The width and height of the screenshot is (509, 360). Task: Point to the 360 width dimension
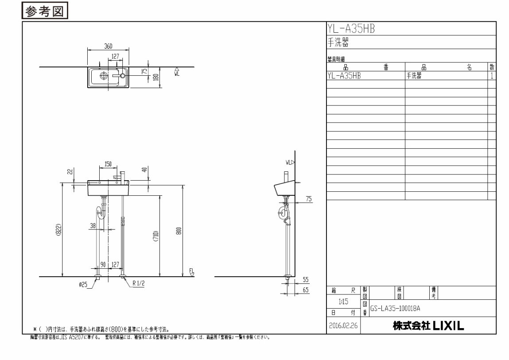point(108,46)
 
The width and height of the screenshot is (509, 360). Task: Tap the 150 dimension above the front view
point(108,164)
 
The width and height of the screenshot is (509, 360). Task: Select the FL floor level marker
point(191,272)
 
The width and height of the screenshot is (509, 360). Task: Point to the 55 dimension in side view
point(306,280)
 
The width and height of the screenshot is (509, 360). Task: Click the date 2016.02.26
point(344,325)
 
